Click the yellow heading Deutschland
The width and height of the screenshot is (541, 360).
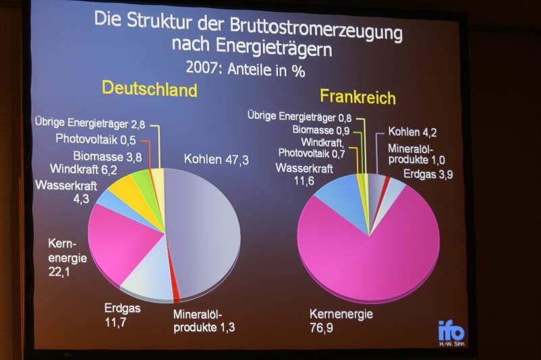(x=149, y=89)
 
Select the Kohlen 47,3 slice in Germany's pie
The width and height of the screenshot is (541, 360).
(x=206, y=229)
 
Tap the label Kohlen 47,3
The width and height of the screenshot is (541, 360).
(x=216, y=160)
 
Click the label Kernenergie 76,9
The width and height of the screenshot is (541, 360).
(x=341, y=320)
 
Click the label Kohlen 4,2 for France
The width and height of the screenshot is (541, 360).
(x=412, y=132)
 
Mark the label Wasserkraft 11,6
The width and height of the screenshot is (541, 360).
(x=304, y=175)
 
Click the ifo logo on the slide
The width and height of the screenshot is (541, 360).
(x=451, y=331)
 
